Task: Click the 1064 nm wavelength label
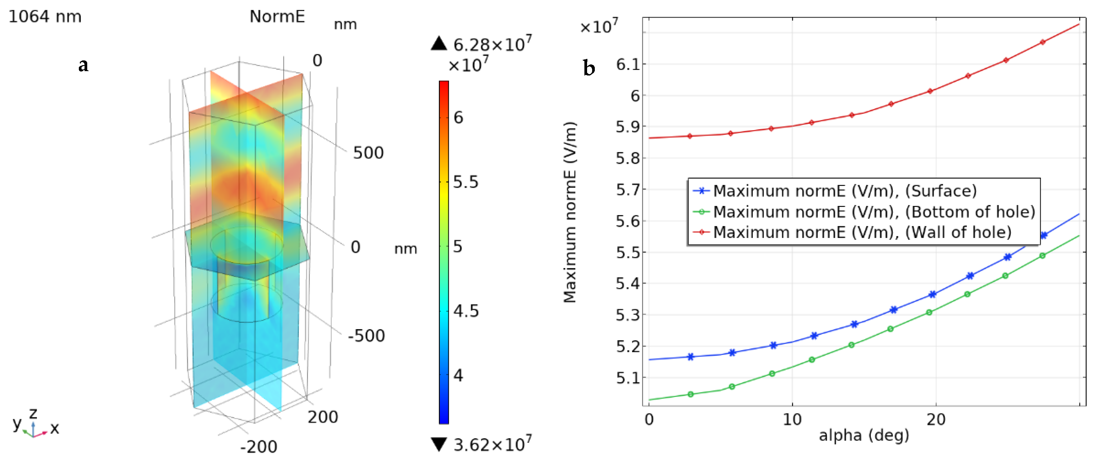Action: click(x=45, y=16)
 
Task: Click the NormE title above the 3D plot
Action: click(x=277, y=16)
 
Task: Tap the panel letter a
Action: click(x=84, y=65)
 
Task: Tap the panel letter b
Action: click(x=589, y=68)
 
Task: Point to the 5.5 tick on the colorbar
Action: click(x=465, y=182)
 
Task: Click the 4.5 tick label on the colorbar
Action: click(x=465, y=311)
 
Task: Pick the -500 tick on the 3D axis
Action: click(x=366, y=336)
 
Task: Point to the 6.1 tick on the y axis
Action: click(x=628, y=65)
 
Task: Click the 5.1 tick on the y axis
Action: click(x=628, y=378)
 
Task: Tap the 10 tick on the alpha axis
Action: click(x=792, y=420)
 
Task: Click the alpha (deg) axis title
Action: click(x=864, y=435)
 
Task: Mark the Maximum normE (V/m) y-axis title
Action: click(x=570, y=212)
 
